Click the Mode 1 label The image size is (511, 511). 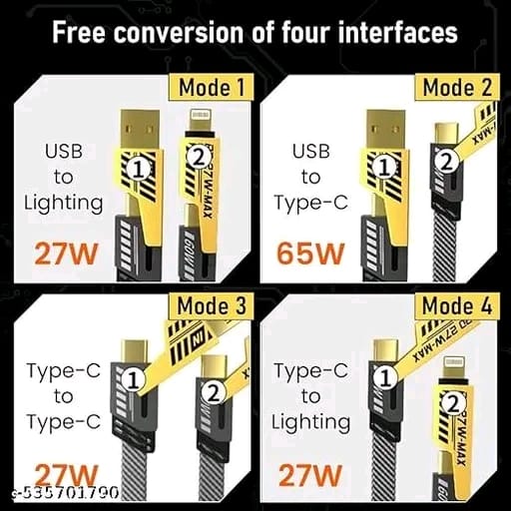[x=212, y=88]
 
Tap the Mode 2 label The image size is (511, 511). [x=456, y=87]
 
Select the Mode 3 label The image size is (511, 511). [x=211, y=306]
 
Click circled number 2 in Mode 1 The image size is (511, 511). [x=198, y=155]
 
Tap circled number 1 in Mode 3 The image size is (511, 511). [x=141, y=379]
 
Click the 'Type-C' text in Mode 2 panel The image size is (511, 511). [x=310, y=203]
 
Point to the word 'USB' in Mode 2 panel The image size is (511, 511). [x=310, y=152]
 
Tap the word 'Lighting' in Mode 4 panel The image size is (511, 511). [x=311, y=421]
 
